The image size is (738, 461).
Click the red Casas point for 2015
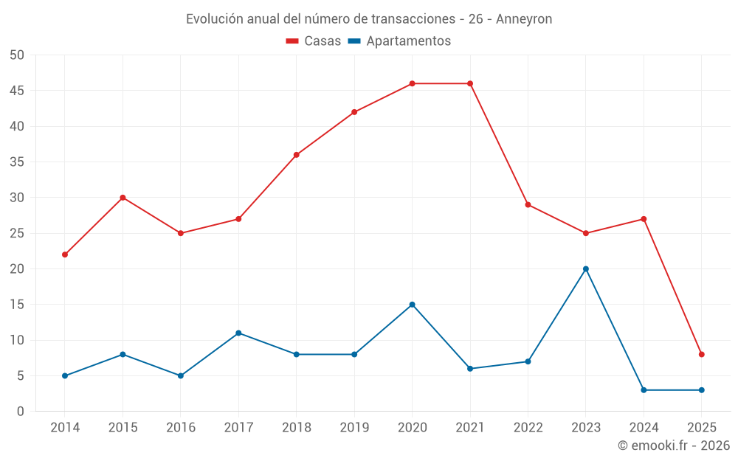[x=123, y=198]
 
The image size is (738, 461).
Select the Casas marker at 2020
[x=412, y=83]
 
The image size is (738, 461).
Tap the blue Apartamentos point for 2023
[x=586, y=269]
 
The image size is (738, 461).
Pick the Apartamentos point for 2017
[x=238, y=333]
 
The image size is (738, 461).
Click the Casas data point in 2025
[x=702, y=355]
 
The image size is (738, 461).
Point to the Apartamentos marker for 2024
[x=644, y=390]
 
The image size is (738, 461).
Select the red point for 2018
[x=297, y=155]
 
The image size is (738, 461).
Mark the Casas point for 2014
[x=65, y=254]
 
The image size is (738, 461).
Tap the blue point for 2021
[x=470, y=369]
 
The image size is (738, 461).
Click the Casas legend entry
[x=314, y=41]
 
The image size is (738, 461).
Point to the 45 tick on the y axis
[x=17, y=91]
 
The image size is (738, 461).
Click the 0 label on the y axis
[x=21, y=412]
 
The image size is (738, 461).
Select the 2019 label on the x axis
[x=354, y=428]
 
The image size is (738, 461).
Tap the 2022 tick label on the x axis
[x=528, y=428]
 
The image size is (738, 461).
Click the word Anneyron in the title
[x=524, y=19]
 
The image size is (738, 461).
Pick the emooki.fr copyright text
[x=674, y=446]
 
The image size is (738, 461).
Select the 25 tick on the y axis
[x=17, y=233]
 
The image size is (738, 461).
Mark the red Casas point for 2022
[x=528, y=204]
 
